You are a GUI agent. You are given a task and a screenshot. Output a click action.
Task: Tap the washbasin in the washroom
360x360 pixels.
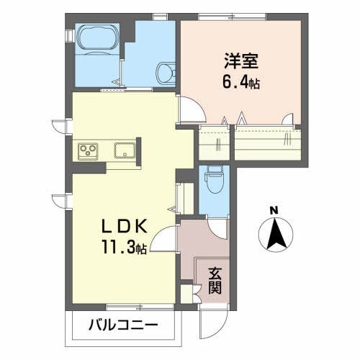tap(166, 71)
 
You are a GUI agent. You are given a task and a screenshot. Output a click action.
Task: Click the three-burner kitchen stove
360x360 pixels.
tap(89, 151)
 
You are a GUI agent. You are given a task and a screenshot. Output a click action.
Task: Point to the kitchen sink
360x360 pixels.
tap(122, 151)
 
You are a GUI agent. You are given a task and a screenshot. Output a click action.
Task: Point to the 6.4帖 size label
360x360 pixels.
tap(239, 83)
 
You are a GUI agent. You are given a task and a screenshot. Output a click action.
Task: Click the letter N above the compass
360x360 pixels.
tap(274, 211)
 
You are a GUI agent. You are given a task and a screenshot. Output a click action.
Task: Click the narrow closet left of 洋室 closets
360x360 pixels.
tap(214, 143)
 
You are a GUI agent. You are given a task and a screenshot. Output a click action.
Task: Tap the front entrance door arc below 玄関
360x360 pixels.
tap(210, 317)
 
